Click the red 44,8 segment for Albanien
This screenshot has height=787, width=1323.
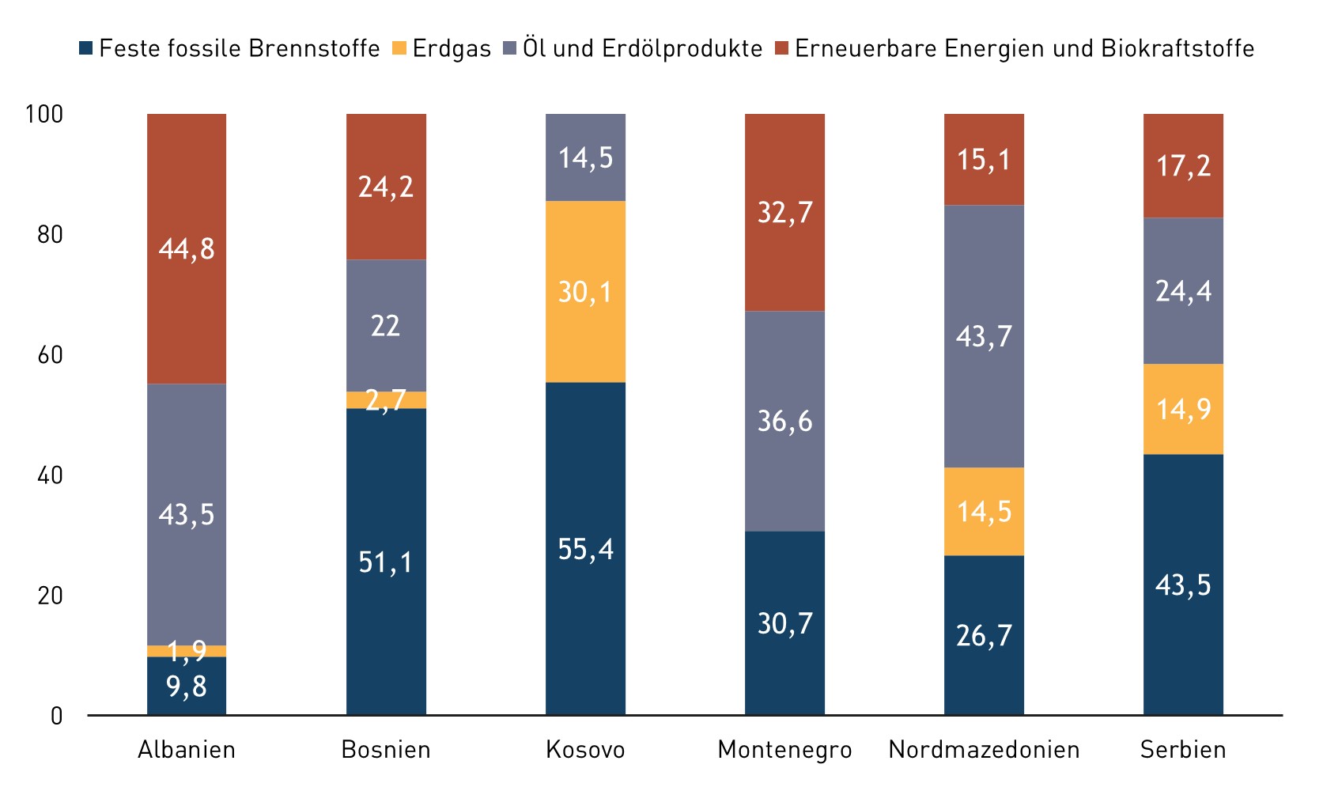[187, 248]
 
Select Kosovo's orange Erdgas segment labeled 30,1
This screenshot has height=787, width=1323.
[585, 292]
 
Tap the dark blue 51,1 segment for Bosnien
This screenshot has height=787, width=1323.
[386, 562]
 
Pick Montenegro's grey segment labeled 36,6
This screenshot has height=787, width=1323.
[784, 420]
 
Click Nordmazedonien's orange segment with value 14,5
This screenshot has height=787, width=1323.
[984, 511]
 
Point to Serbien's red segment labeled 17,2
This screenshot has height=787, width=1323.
[1183, 165]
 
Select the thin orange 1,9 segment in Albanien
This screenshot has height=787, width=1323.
[187, 651]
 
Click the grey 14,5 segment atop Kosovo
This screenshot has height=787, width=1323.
[585, 157]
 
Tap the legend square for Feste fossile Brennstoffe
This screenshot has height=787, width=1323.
[86, 48]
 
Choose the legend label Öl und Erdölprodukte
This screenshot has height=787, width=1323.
[641, 48]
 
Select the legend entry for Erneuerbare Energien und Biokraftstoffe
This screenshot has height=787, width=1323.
[1024, 48]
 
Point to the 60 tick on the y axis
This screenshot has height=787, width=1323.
[50, 354]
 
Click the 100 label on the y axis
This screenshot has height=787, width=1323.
[44, 114]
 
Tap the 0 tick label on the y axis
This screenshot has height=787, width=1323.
[56, 716]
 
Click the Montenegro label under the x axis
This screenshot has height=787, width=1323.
[784, 750]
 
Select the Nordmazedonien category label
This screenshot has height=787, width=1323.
[984, 750]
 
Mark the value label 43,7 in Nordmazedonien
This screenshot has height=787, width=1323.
[984, 336]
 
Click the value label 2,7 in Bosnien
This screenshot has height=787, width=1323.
[386, 400]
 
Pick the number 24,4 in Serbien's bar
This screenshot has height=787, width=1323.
[1183, 291]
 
